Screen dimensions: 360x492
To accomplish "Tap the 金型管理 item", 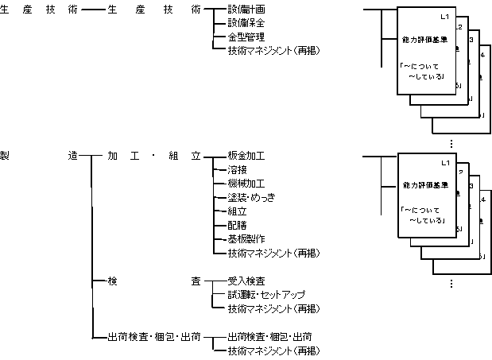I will pyautogui.click(x=246, y=37).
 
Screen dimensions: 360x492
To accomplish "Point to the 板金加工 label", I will pyautogui.click(x=246, y=157).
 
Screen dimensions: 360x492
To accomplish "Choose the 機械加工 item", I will pyautogui.click(x=246, y=184).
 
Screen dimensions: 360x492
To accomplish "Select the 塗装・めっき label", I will pyautogui.click(x=251, y=197).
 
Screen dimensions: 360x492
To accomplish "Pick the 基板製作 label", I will pyautogui.click(x=246, y=238).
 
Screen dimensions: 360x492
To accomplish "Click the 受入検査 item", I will pyautogui.click(x=246, y=281).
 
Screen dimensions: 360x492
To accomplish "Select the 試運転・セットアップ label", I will pyautogui.click(x=266, y=295).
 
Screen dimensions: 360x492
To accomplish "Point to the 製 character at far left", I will pyautogui.click(x=6, y=157).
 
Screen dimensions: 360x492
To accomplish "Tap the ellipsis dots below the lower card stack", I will pyautogui.click(x=451, y=284).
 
